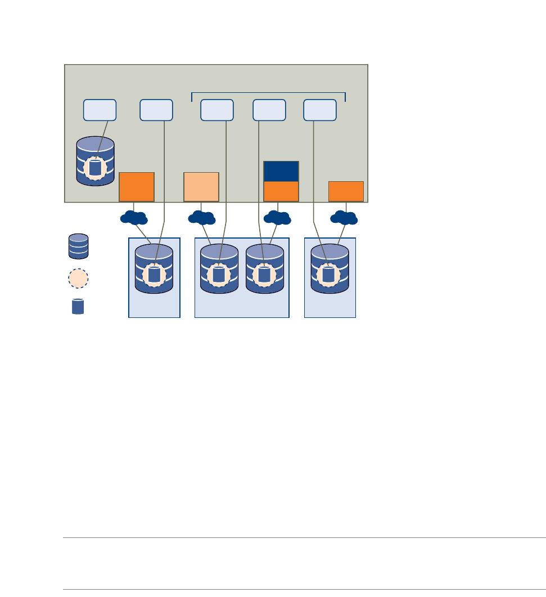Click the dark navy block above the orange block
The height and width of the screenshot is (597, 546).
coord(281,171)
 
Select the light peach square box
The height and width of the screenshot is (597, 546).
coord(201,187)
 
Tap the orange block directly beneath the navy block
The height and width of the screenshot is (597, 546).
coord(281,191)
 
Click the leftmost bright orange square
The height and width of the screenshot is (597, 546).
coord(137,187)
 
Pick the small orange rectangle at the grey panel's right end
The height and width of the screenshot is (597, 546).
coord(346,191)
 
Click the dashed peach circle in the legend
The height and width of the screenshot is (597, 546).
coord(79,278)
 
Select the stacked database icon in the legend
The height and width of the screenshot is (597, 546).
coord(78,246)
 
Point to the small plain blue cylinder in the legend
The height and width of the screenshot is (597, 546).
coord(78,307)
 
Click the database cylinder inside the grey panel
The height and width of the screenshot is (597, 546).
coord(96,161)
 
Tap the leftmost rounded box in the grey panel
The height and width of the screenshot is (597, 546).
coord(100,110)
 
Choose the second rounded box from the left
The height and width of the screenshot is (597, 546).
coord(156,110)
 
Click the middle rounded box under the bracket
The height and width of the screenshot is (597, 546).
coord(269,110)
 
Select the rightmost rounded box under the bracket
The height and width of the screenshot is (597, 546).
coord(320,110)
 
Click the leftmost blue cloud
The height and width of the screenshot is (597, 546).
coord(134,218)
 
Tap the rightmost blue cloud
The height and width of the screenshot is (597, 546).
coord(344,218)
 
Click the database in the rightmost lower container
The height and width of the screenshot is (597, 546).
coord(330,269)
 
